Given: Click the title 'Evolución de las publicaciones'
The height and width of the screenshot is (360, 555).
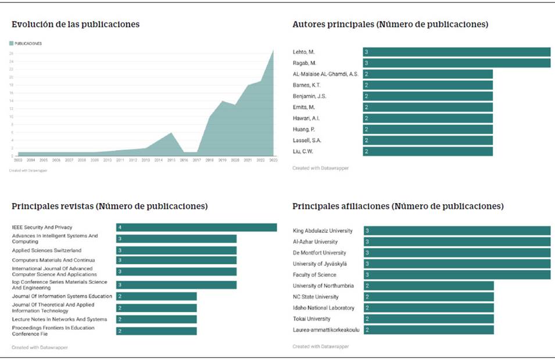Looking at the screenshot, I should [x=76, y=24].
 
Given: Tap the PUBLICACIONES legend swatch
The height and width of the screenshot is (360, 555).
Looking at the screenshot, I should [x=11, y=44].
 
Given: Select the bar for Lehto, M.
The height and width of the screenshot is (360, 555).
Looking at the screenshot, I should [x=456, y=52].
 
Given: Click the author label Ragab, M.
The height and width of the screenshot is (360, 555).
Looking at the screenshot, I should [x=305, y=63].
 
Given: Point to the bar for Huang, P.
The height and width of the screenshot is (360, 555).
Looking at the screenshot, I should [x=428, y=129].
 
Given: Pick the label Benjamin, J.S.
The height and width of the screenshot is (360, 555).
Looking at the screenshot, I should [x=310, y=96].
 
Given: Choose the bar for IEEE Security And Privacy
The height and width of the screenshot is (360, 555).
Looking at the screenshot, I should [x=196, y=227].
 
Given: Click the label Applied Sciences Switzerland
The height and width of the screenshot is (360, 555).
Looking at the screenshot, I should [x=46, y=251].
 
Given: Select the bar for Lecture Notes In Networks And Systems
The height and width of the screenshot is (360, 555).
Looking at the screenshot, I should [x=156, y=319].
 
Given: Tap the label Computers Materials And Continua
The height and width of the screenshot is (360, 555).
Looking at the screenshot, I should [x=53, y=260].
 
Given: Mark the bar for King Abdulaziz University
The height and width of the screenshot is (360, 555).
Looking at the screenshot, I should [x=457, y=231].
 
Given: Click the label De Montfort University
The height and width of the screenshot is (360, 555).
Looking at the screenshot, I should [x=319, y=253].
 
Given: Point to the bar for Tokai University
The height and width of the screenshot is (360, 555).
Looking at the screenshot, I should [x=429, y=319].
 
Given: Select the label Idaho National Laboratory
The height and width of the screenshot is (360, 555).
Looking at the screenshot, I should [x=323, y=308].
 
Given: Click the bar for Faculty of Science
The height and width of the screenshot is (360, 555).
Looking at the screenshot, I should [x=457, y=275].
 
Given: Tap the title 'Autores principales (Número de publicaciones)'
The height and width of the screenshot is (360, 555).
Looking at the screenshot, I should [x=390, y=24].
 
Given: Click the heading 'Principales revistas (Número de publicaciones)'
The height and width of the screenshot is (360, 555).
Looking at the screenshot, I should [x=110, y=206].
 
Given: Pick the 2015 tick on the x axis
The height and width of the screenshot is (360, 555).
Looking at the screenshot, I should [x=171, y=161].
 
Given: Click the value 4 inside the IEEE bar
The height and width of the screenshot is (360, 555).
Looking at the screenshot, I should [x=120, y=227].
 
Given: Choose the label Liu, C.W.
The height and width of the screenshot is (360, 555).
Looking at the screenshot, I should [x=305, y=151].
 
